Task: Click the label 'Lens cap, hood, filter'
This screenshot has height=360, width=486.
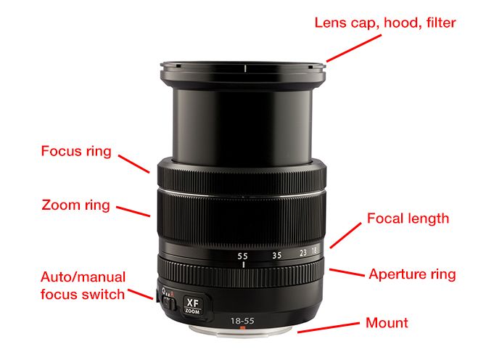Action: pyautogui.click(x=385, y=23)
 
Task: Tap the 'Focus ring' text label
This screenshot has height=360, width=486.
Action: pyautogui.click(x=76, y=151)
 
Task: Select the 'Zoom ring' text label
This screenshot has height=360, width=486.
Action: pyautogui.click(x=76, y=205)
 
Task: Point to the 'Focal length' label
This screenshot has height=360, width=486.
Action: pyautogui.click(x=408, y=219)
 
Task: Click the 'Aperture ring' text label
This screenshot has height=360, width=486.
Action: pyautogui.click(x=412, y=274)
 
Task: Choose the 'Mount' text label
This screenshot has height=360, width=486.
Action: pyautogui.click(x=387, y=323)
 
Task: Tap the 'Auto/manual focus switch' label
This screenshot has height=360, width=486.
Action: pyautogui.click(x=83, y=285)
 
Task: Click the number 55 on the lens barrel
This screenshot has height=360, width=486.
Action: pyautogui.click(x=243, y=256)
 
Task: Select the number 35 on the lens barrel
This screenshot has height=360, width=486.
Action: pyautogui.click(x=277, y=255)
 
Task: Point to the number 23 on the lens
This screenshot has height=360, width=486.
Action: pyautogui.click(x=303, y=253)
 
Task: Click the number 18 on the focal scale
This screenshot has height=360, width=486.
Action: pyautogui.click(x=314, y=250)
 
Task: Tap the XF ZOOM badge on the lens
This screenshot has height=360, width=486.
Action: pyautogui.click(x=192, y=306)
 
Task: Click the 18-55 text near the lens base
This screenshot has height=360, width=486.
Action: pyautogui.click(x=242, y=321)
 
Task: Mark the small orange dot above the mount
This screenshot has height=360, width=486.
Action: pyautogui.click(x=243, y=327)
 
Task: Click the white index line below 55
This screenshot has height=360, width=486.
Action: pyautogui.click(x=244, y=265)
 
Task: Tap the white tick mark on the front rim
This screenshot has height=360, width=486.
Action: pyautogui.click(x=245, y=68)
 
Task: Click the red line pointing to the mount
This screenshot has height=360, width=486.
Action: pyautogui.click(x=329, y=328)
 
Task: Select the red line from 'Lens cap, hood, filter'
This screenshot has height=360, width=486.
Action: pyautogui.click(x=354, y=49)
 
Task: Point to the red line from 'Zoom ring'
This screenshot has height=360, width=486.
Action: pyautogui.click(x=133, y=211)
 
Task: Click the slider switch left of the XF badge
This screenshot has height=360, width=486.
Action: pyautogui.click(x=169, y=303)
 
